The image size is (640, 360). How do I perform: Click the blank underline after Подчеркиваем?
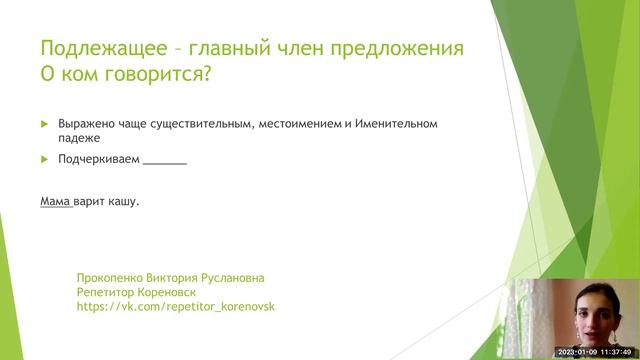[165, 161]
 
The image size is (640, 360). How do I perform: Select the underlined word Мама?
[55, 201]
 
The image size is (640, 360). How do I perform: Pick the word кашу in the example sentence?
[123, 201]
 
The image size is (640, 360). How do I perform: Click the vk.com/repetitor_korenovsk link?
[175, 307]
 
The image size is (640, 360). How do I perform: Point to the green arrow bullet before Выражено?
[44, 124]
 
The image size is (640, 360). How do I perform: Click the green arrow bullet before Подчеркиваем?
[44, 159]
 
